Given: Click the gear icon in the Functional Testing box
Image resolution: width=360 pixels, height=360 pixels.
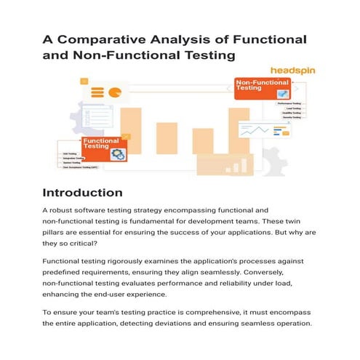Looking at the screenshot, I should coord(118,153).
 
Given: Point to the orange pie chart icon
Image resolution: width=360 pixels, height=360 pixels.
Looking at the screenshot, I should coord(115,92).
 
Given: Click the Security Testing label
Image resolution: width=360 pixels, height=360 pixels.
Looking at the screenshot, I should coord(291,118).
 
